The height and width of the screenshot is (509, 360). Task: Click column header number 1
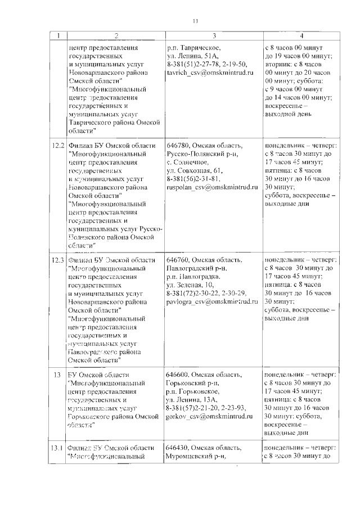[x=57, y=36]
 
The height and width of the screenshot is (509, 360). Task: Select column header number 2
[x=116, y=36]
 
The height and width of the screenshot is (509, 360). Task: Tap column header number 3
[x=213, y=36]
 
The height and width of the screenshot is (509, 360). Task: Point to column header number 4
[x=300, y=36]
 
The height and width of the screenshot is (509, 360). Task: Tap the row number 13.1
[x=58, y=447]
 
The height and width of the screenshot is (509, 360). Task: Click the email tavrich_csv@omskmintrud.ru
[x=208, y=74]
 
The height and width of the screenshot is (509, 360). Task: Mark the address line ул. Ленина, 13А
[x=193, y=399]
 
